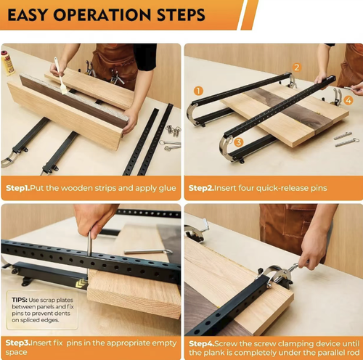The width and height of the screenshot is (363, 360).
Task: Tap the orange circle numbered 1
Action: tap(197, 91)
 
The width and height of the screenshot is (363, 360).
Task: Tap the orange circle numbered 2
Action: tap(296, 67)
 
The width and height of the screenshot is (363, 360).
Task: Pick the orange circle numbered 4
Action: tap(348, 101)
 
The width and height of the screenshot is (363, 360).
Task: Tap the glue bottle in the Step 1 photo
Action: tap(8, 63)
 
